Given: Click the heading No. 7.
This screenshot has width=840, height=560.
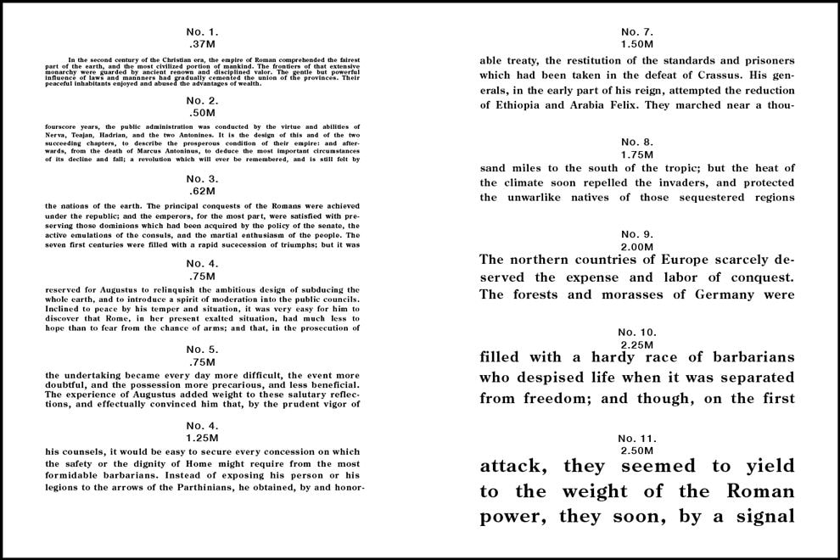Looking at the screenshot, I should (636, 31).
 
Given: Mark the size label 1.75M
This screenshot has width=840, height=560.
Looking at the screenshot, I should (636, 154).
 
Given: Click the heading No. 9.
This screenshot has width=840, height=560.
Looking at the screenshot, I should (636, 234).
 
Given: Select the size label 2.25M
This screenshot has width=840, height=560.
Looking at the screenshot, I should (636, 344).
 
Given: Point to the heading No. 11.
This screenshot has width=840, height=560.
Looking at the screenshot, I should (636, 438).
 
